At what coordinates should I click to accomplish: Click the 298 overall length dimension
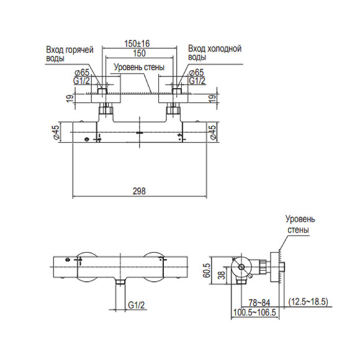coord(139,192)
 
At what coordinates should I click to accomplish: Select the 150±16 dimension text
coord(139,43)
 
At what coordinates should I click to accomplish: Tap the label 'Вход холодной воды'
coord(215,53)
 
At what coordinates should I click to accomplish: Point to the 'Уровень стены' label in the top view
coord(138,69)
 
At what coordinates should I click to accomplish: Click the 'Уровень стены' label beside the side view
coord(300,225)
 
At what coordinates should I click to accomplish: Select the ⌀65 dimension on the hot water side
coord(81,73)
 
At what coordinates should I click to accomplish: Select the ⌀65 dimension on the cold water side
coord(196,73)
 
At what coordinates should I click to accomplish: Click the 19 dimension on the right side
coord(214,98)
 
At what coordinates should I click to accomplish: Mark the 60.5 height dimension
coord(205,271)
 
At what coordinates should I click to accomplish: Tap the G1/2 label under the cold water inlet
coord(196,81)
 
